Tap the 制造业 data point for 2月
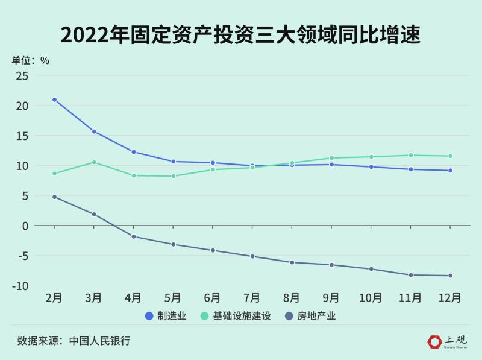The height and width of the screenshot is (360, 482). point(54,99)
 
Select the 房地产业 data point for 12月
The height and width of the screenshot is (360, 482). point(450,276)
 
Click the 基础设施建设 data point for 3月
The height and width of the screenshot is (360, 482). point(94,162)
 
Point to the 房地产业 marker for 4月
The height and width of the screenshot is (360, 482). point(134,236)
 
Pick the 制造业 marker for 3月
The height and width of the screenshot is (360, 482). point(94,131)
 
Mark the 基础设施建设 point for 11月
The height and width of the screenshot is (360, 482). point(411,156)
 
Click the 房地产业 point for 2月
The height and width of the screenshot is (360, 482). point(54,197)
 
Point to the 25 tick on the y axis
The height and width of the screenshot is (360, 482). point(23,76)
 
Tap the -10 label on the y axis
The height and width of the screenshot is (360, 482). point(21,286)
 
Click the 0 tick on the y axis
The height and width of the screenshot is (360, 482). point(25,226)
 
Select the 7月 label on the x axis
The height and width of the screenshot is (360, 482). point(252,298)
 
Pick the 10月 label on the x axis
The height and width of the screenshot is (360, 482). point(371,298)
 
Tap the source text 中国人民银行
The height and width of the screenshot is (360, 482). point(100,341)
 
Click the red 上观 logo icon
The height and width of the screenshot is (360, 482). point(434,341)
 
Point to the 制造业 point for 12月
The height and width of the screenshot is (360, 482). point(450,171)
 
